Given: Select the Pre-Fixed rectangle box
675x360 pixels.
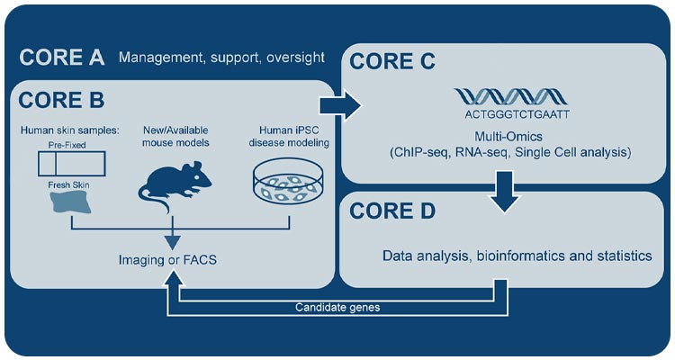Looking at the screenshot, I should click(x=70, y=164).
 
